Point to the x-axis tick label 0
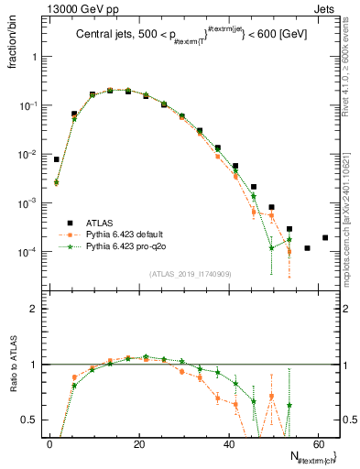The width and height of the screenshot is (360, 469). click(x=49, y=444)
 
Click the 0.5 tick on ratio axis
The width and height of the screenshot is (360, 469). click(x=30, y=420)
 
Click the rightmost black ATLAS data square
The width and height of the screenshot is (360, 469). click(x=325, y=237)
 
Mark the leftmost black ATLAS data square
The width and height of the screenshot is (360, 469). click(x=57, y=159)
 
